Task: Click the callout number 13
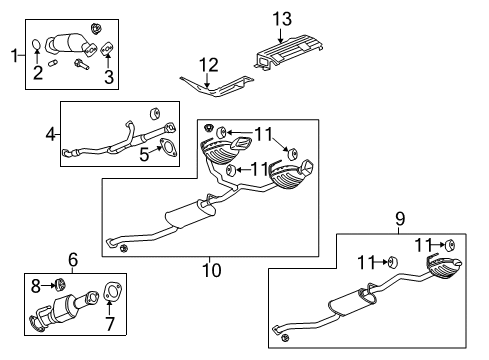pyautogui.click(x=282, y=18)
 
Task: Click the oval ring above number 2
pyautogui.click(x=37, y=45)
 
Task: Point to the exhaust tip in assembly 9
pyautogui.click(x=446, y=269)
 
